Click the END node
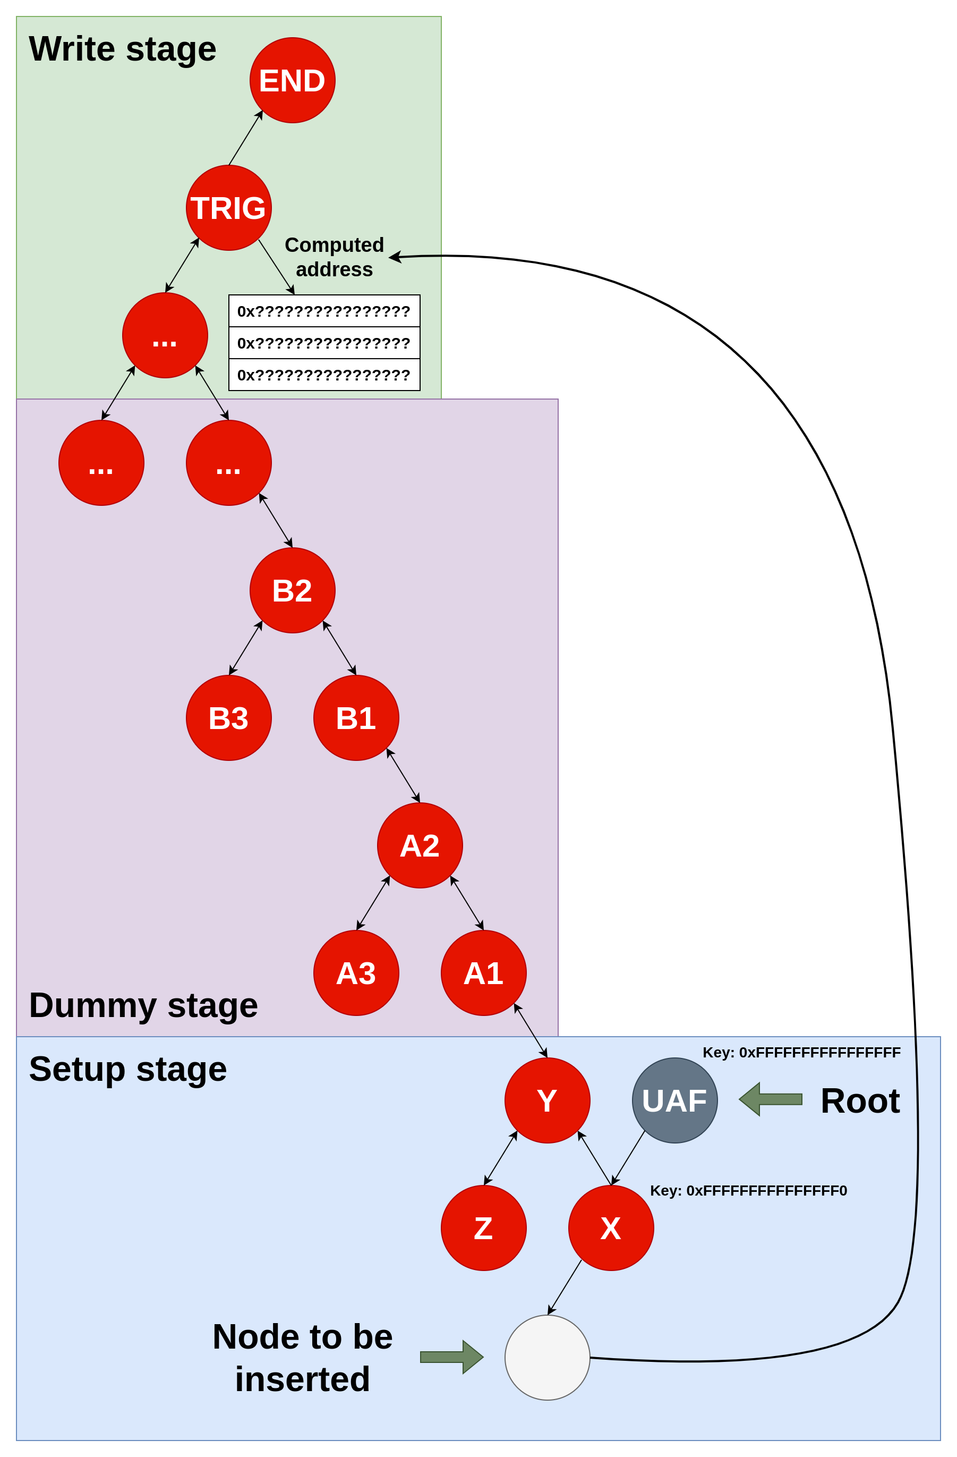(292, 80)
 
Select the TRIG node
(228, 208)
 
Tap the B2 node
(292, 590)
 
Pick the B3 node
(228, 717)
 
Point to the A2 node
(420, 845)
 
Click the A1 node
(483, 973)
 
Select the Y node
(547, 1100)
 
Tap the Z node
(483, 1227)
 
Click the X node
(611, 1227)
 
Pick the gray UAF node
(674, 1100)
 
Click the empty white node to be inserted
(547, 1357)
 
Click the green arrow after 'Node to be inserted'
(451, 1357)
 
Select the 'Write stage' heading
(122, 49)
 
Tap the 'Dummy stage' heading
(143, 1005)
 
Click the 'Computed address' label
(334, 257)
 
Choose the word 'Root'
(860, 1100)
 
